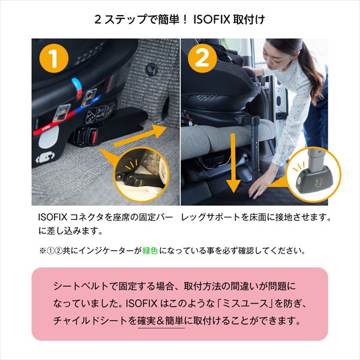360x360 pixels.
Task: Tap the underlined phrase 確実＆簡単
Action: pyautogui.click(x=161, y=321)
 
